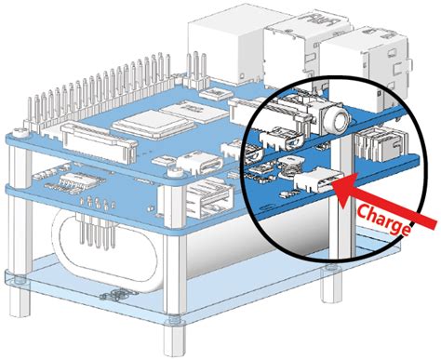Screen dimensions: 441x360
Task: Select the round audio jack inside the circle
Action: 339,120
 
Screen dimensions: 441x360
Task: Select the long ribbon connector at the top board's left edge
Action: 99,141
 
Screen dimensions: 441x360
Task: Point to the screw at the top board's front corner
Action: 175,171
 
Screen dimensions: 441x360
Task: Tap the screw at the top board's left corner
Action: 20,133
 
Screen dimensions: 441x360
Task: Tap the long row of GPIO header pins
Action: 99,86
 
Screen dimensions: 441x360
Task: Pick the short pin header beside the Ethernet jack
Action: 195,71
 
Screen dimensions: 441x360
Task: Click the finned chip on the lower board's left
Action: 81,181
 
